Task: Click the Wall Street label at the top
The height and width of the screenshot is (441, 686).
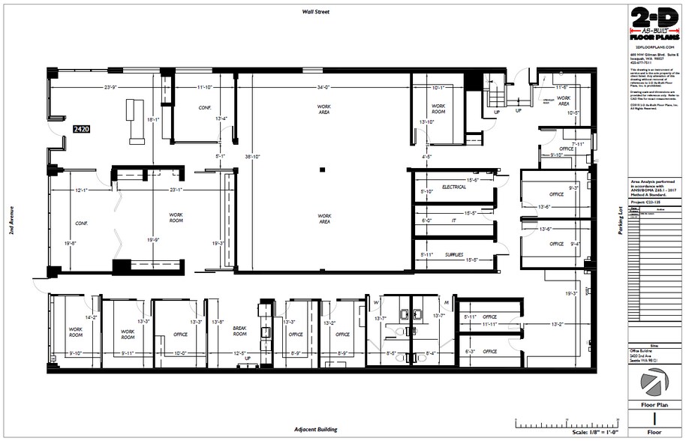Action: [316, 12]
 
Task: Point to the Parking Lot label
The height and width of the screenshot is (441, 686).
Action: [620, 221]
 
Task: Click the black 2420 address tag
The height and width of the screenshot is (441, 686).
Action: [81, 129]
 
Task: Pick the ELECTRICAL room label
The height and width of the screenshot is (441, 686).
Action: [454, 187]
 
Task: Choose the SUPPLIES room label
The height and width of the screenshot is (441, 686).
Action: [454, 254]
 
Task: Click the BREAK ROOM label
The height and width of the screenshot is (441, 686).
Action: [239, 331]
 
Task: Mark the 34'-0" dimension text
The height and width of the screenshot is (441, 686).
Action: [323, 88]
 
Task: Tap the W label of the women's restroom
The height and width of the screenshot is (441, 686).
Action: [376, 303]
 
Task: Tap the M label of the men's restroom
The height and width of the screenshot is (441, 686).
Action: [446, 303]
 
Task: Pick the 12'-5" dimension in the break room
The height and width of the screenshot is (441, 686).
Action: [239, 353]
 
